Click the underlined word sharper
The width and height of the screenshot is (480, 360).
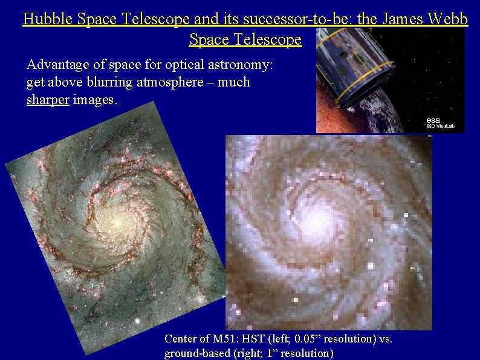click(48, 100)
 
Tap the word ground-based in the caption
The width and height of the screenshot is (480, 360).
click(197, 353)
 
